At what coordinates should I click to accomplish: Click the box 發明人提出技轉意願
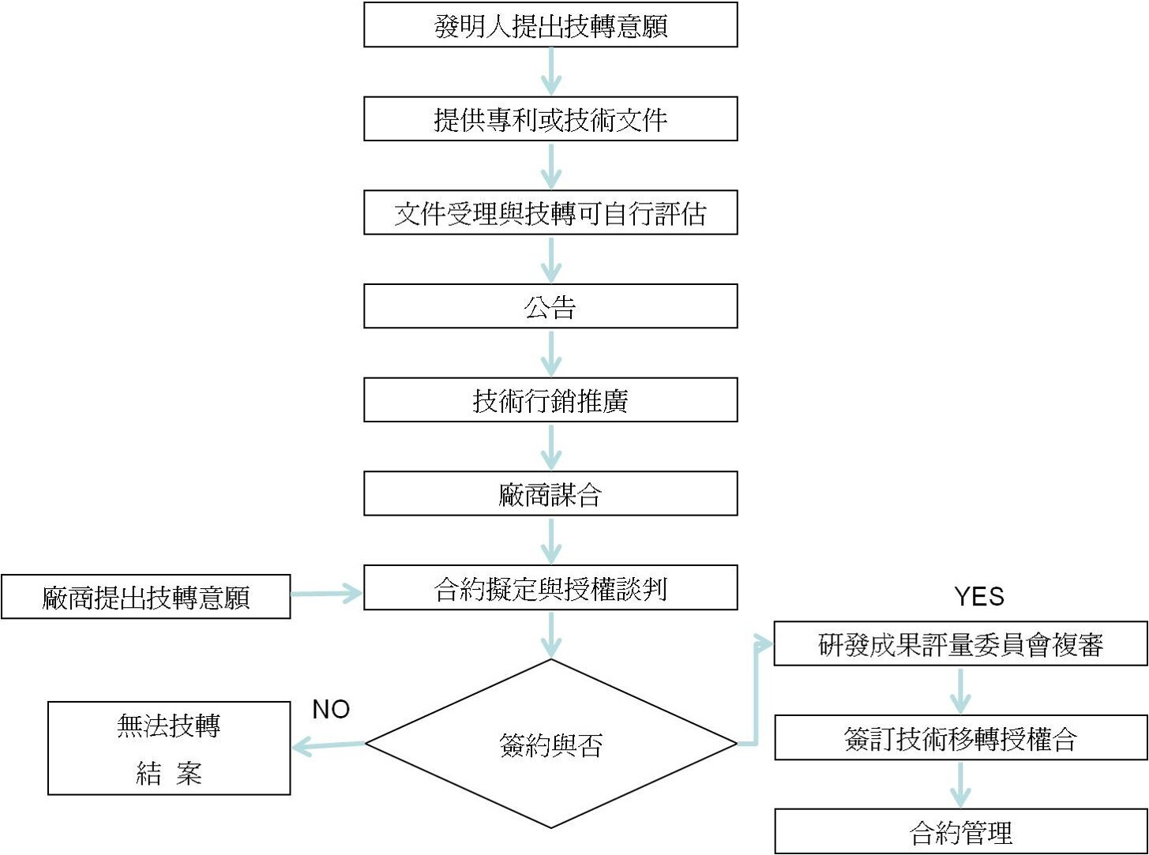point(550,25)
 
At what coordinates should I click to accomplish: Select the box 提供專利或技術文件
point(550,119)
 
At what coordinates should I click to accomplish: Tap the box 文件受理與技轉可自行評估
point(550,212)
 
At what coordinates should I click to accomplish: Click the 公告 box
point(550,306)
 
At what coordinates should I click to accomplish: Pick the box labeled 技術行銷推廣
point(550,400)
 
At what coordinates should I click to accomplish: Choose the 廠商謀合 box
point(550,494)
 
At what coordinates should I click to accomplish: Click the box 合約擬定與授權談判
point(550,587)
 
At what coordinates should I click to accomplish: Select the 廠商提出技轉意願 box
point(146,597)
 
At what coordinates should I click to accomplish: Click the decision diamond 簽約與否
point(550,744)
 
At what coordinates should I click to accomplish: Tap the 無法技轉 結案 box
point(169,748)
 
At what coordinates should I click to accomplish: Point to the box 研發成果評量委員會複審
point(960,644)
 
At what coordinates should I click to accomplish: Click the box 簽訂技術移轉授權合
point(960,738)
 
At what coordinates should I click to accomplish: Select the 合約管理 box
point(960,831)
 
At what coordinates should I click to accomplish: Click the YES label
point(979,596)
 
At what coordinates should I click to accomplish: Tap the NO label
point(331,709)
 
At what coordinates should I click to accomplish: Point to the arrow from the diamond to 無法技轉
point(329,744)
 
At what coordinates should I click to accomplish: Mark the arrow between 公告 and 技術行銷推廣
point(550,353)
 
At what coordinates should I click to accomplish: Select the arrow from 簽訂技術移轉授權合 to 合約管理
point(960,784)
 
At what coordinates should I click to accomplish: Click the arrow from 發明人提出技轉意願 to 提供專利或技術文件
point(550,72)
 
